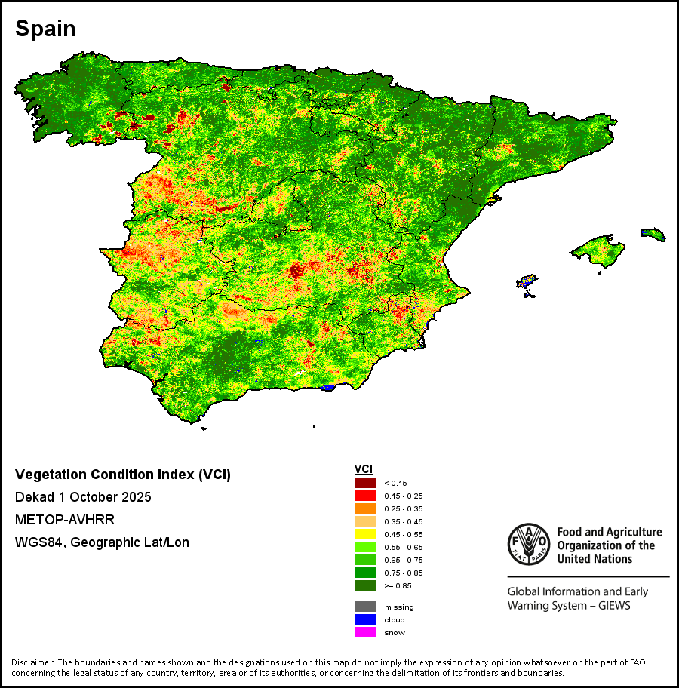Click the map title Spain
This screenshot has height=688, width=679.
(45, 29)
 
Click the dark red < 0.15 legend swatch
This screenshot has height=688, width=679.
(365, 483)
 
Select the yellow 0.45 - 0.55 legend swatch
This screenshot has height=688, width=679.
(365, 534)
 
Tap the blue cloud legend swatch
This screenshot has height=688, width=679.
(365, 619)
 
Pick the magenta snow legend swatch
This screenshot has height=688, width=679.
(365, 632)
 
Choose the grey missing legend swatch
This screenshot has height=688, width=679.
(365, 607)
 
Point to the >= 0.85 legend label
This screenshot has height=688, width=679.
(397, 585)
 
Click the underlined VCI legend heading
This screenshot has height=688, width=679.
(364, 469)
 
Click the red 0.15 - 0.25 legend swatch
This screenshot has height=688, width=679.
(365, 496)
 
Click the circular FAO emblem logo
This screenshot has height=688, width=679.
(529, 544)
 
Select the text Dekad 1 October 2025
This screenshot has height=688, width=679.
(83, 497)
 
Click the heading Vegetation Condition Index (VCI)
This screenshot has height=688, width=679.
(123, 475)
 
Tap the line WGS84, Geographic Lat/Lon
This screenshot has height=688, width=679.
(102, 542)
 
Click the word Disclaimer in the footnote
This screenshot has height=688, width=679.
(33, 662)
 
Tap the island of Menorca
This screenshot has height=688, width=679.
(653, 235)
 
